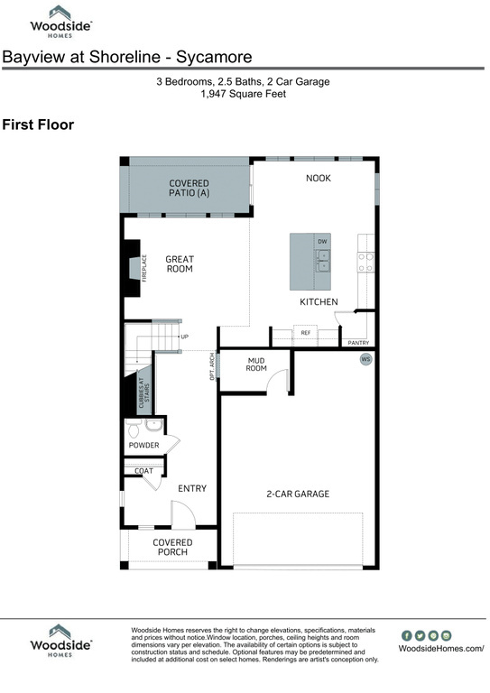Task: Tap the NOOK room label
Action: (x=319, y=178)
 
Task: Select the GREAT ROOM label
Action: (x=180, y=264)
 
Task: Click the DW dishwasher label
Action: (x=322, y=242)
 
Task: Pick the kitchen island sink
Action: (x=322, y=261)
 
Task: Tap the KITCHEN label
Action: (x=319, y=301)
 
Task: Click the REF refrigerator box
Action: (x=305, y=333)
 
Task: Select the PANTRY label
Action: (x=357, y=343)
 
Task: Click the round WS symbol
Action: (x=366, y=359)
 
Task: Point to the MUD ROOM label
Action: (x=256, y=364)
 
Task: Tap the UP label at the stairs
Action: (x=185, y=337)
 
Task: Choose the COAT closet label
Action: (x=143, y=470)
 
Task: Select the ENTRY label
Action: (x=192, y=488)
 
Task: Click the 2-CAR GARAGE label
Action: (x=297, y=494)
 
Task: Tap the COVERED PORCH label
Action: (x=172, y=547)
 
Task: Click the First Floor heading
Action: (x=38, y=125)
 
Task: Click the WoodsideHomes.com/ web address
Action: (x=441, y=648)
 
